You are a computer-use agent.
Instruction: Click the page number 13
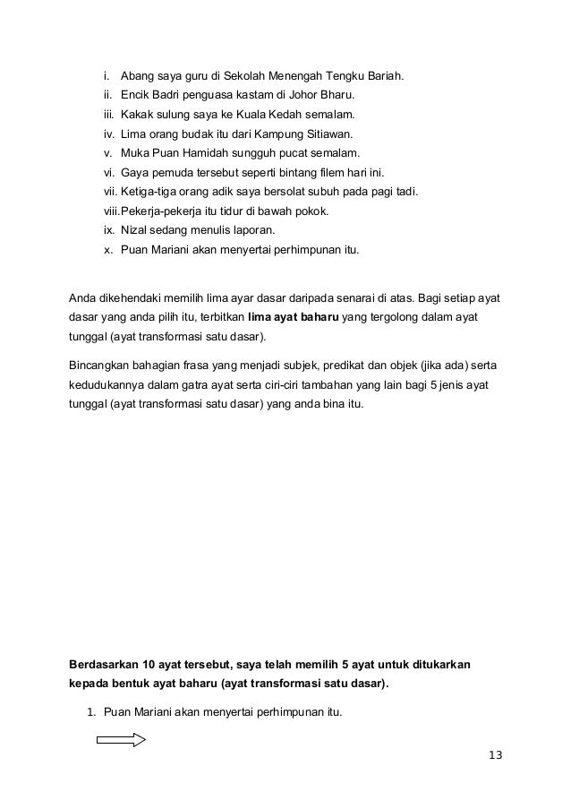pos(495,754)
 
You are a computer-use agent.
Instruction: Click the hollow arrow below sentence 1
pos(121,739)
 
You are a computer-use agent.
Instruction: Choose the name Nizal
pos(134,230)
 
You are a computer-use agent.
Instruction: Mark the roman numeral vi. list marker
pos(108,172)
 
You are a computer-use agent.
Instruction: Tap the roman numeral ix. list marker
pos(108,230)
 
